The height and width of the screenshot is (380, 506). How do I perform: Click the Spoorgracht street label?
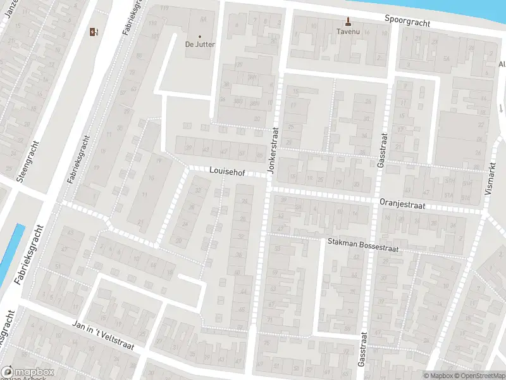[407, 20]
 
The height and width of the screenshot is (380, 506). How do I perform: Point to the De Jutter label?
[199, 44]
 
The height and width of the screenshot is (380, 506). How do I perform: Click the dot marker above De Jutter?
[200, 36]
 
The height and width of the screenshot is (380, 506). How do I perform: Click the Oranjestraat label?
[402, 205]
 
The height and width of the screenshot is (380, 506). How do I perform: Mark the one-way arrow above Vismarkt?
[500, 107]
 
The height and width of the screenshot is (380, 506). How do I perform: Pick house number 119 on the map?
[165, 8]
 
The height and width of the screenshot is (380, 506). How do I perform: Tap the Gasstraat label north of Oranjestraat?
[381, 149]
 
